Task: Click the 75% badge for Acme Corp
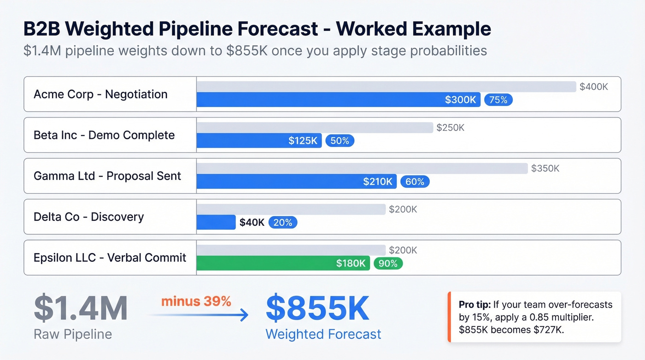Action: (498, 100)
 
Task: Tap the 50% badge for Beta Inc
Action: (340, 141)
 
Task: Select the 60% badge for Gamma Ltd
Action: (415, 182)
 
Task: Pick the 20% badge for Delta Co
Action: (283, 223)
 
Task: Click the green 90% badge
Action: (388, 263)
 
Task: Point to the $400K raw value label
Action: (594, 87)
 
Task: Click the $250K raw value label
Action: (450, 128)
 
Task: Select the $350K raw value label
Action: (545, 168)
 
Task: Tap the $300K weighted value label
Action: (460, 100)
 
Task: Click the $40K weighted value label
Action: (252, 223)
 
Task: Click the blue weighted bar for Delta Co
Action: (216, 223)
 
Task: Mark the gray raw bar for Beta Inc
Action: (315, 128)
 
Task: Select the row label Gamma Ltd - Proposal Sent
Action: (107, 176)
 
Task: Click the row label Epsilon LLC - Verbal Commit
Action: (110, 257)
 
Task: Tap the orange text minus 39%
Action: (196, 301)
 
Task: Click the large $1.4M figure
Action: (81, 308)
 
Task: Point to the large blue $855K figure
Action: (317, 308)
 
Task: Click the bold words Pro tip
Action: (475, 305)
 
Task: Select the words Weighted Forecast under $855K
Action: (323, 334)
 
